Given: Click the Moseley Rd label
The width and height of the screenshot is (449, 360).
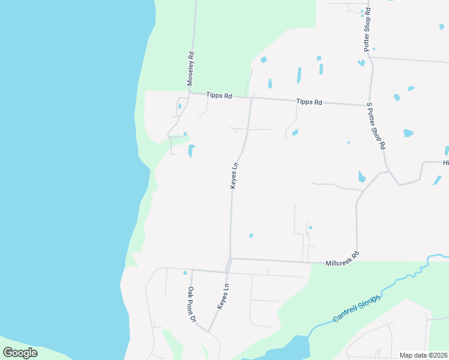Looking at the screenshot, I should click(190, 70).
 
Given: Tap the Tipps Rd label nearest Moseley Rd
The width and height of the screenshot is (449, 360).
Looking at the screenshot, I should click(218, 95).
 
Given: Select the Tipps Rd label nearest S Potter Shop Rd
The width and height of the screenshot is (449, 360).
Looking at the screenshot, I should click(309, 102).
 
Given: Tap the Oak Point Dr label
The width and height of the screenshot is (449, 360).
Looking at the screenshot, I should click(191, 305).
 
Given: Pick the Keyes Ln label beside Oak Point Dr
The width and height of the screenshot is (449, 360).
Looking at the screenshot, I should click(223, 296).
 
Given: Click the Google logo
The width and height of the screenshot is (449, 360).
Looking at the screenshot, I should click(20, 353).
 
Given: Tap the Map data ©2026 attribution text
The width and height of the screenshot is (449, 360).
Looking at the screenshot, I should click(423, 355).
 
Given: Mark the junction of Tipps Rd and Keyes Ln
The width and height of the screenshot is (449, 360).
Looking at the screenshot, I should click(251, 98).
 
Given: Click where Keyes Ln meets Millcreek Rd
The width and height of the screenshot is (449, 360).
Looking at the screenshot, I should click(231, 259).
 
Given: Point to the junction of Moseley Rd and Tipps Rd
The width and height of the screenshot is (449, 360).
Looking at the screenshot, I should click(190, 94).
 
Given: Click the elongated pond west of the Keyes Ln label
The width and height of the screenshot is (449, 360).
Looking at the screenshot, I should click(191, 151).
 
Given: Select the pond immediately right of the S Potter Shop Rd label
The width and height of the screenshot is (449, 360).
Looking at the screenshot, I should click(408, 133).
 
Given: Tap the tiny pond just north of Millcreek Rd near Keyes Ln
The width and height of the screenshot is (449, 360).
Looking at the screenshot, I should click(251, 235).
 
